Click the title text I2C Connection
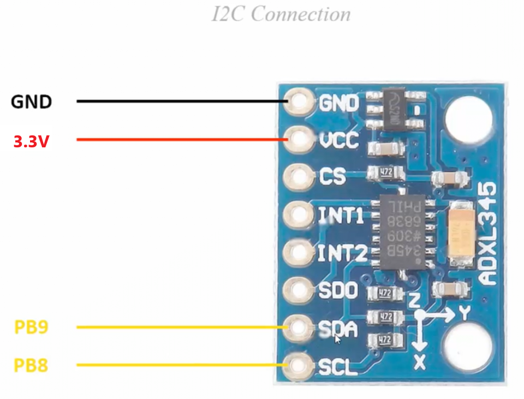point(281,14)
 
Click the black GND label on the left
point(32,102)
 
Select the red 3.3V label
point(31,142)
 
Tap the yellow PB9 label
point(31,327)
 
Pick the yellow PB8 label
point(31,365)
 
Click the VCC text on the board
point(338,141)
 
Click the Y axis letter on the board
point(465,313)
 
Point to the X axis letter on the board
point(420,360)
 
